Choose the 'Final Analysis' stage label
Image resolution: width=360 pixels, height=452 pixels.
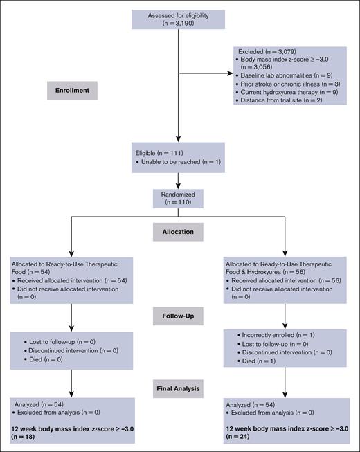[179, 388]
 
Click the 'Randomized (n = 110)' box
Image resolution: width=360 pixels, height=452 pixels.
[179, 199]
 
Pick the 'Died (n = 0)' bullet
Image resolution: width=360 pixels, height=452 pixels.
[46, 359]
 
